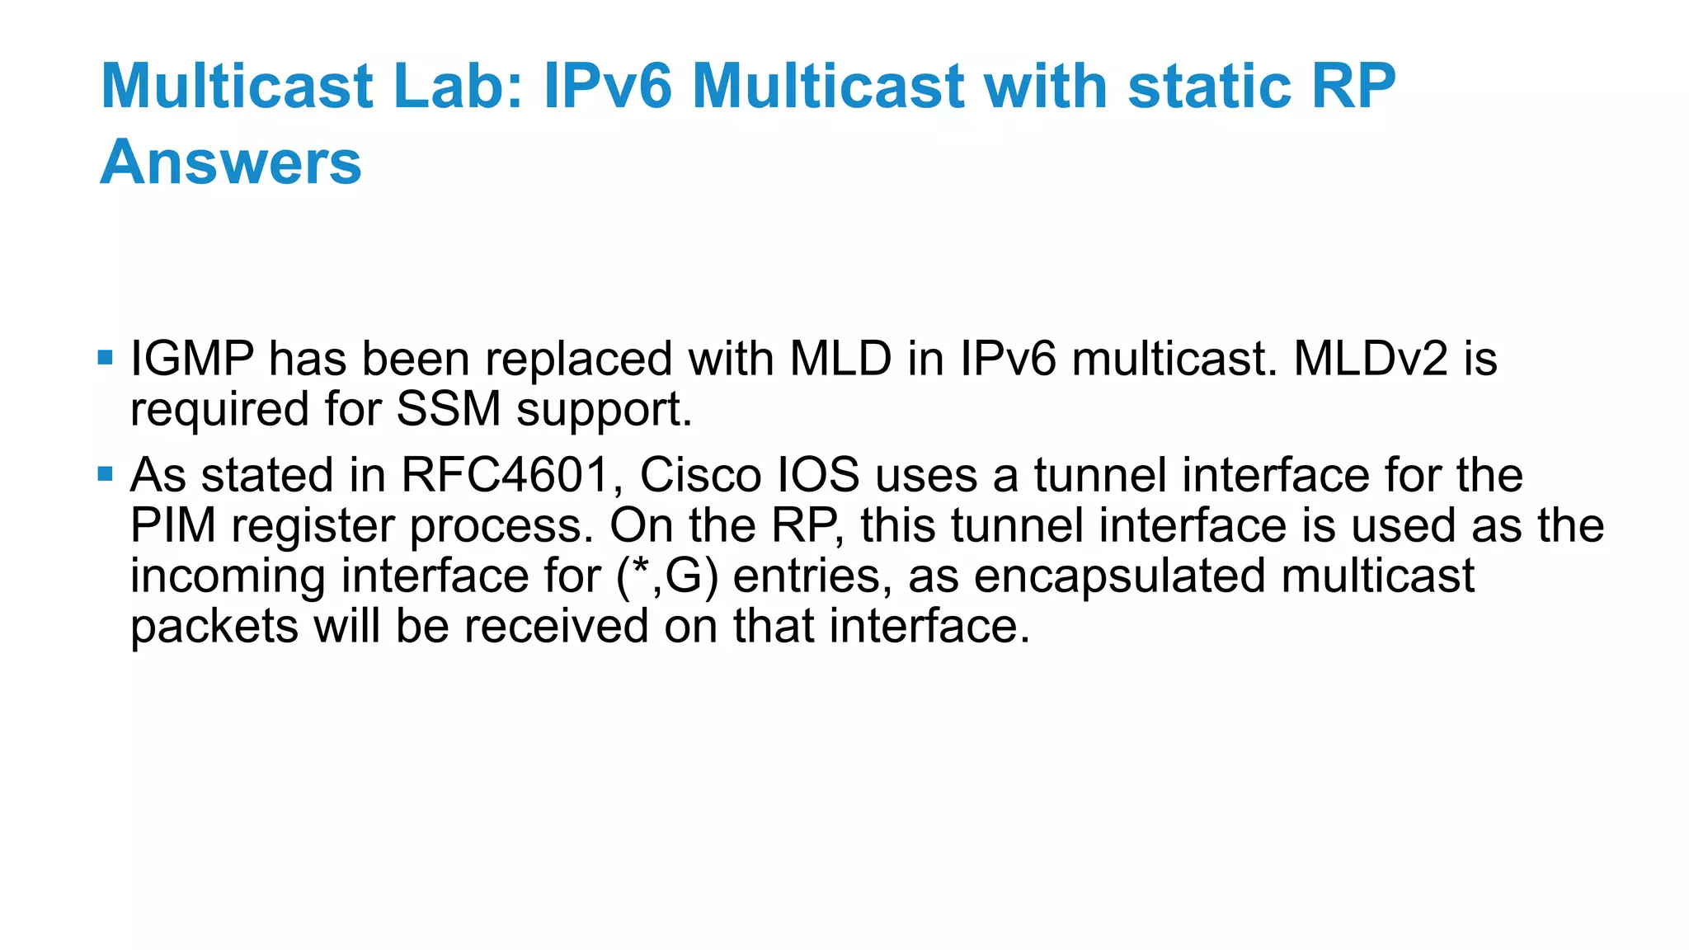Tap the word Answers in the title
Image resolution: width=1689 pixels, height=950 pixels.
pyautogui.click(x=231, y=162)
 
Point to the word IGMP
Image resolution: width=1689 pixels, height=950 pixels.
pyautogui.click(x=192, y=360)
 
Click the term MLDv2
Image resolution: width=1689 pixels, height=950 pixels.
pyautogui.click(x=1371, y=360)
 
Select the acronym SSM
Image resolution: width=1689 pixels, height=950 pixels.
pyautogui.click(x=449, y=410)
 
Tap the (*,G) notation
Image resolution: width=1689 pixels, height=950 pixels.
pyautogui.click(x=667, y=576)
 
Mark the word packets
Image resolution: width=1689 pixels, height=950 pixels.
pyautogui.click(x=214, y=627)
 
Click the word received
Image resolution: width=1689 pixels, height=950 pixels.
pyautogui.click(x=556, y=627)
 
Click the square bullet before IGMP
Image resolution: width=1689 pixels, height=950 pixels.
pyautogui.click(x=105, y=358)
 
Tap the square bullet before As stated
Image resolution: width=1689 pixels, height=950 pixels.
pyautogui.click(x=105, y=474)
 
